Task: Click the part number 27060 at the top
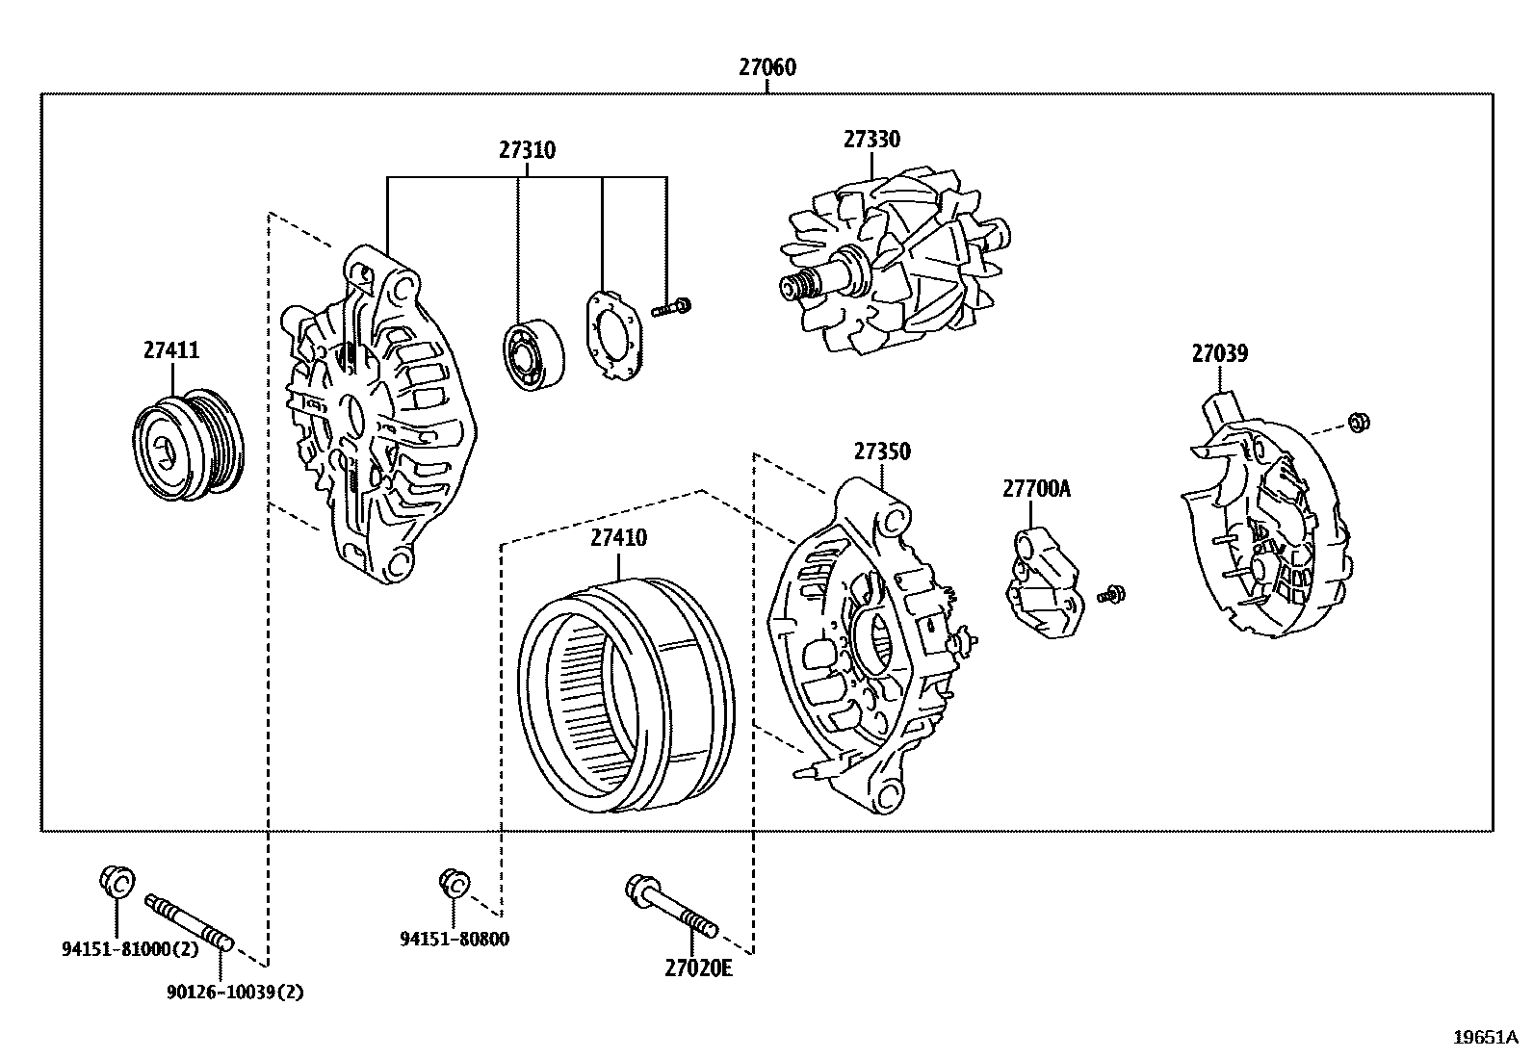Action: click(767, 67)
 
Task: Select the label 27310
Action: click(527, 150)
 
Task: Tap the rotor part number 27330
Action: click(871, 140)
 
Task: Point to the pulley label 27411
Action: click(171, 350)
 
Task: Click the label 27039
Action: click(1219, 353)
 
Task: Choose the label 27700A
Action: click(1036, 489)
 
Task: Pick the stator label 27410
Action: click(618, 538)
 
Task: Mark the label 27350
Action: click(881, 452)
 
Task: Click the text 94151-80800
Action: click(455, 939)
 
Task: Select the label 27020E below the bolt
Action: click(698, 968)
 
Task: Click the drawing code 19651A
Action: click(1485, 1038)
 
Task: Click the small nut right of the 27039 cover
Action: click(1359, 422)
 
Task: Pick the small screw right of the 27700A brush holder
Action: click(1115, 595)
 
